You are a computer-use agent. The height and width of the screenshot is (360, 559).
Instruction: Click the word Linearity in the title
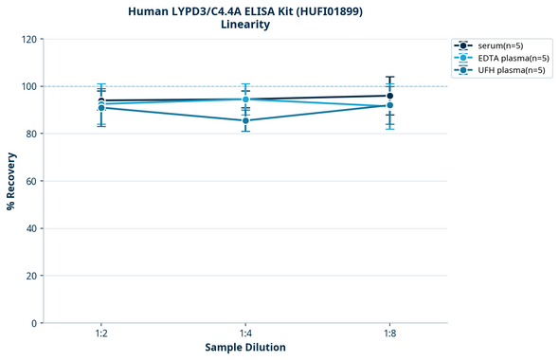pyautogui.click(x=244, y=25)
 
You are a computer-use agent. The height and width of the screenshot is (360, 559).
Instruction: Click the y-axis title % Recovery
pyautogui.click(x=11, y=180)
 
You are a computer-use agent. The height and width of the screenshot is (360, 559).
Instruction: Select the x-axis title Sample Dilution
pyautogui.click(x=245, y=348)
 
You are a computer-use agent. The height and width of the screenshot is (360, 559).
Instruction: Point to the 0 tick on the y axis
pyautogui.click(x=34, y=323)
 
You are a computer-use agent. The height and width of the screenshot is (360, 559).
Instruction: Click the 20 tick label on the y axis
pyautogui.click(x=31, y=276)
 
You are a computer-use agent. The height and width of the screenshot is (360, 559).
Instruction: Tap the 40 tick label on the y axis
pyautogui.click(x=31, y=228)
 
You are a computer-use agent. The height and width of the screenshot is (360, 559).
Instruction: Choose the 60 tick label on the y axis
pyautogui.click(x=31, y=181)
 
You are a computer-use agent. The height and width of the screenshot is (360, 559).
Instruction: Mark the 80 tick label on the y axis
pyautogui.click(x=31, y=134)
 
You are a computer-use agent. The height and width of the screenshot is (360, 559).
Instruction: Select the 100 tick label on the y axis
pyautogui.click(x=28, y=86)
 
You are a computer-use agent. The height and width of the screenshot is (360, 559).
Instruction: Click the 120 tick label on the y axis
pyautogui.click(x=28, y=39)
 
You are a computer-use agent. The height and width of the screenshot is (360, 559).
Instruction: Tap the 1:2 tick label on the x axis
pyautogui.click(x=101, y=334)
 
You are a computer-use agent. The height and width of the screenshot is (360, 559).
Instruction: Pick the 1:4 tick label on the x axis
pyautogui.click(x=245, y=334)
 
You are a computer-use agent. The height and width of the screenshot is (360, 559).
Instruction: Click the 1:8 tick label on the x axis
pyautogui.click(x=389, y=334)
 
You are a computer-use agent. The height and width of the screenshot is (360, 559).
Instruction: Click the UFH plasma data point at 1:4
pyautogui.click(x=245, y=120)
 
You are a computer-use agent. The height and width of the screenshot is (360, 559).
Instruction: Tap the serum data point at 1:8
pyautogui.click(x=389, y=96)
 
